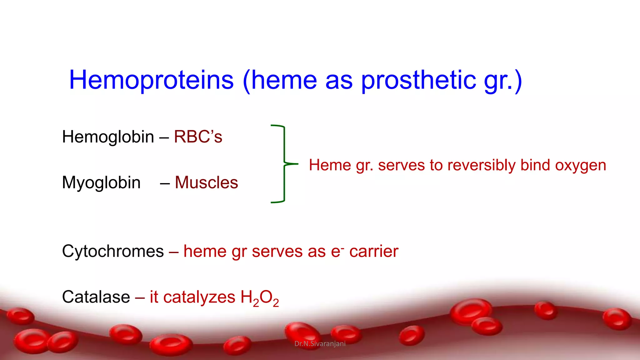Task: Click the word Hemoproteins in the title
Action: tap(151, 80)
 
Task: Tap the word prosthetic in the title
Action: tap(418, 80)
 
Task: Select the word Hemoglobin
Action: tap(108, 137)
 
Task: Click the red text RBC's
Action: tap(198, 137)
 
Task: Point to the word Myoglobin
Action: tap(101, 182)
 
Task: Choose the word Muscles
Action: tap(206, 182)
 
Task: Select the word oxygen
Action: tap(580, 166)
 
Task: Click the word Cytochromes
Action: tap(113, 251)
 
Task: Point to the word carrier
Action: tap(374, 251)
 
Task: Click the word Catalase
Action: tap(96, 297)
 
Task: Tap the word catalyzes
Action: tap(199, 297)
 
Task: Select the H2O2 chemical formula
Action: tap(259, 298)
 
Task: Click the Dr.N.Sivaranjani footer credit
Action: tap(320, 344)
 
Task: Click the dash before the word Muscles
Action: tap(165, 183)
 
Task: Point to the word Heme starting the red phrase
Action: tap(329, 165)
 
